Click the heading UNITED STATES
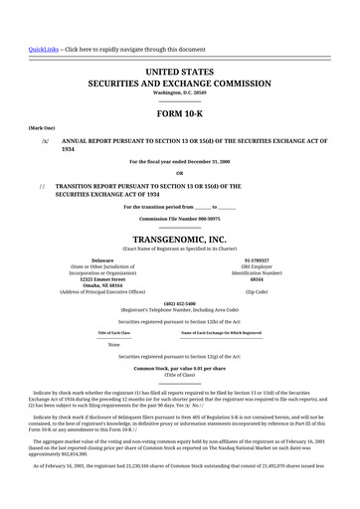(x=180, y=73)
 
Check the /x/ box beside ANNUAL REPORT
(x=45, y=141)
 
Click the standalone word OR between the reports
(x=180, y=172)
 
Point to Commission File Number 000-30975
(x=180, y=218)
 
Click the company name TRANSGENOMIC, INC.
(x=180, y=240)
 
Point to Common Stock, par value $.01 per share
(x=180, y=368)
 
